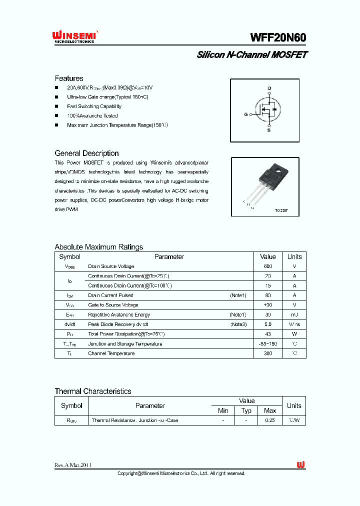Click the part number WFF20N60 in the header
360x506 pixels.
[x=278, y=38]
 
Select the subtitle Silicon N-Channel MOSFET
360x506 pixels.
[x=252, y=54]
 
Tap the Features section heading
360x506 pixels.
[x=69, y=78]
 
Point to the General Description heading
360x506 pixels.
[x=86, y=153]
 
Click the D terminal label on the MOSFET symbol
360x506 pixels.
[x=269, y=88]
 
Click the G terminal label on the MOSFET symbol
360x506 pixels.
[x=246, y=114]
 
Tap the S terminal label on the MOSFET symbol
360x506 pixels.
[x=269, y=130]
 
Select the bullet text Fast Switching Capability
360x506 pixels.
[x=94, y=106]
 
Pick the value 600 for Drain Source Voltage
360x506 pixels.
[x=268, y=266]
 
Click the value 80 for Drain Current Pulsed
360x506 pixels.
[x=268, y=295]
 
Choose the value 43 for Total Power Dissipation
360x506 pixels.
[x=268, y=334]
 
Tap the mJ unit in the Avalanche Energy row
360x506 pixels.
[x=294, y=315]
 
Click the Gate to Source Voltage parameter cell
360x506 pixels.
[x=113, y=305]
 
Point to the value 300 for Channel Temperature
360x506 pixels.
[x=268, y=353]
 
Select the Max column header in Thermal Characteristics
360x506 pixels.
[x=270, y=410]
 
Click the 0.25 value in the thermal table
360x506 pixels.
[x=270, y=420]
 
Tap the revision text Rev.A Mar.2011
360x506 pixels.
[x=73, y=465]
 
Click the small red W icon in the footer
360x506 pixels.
[x=300, y=465]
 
